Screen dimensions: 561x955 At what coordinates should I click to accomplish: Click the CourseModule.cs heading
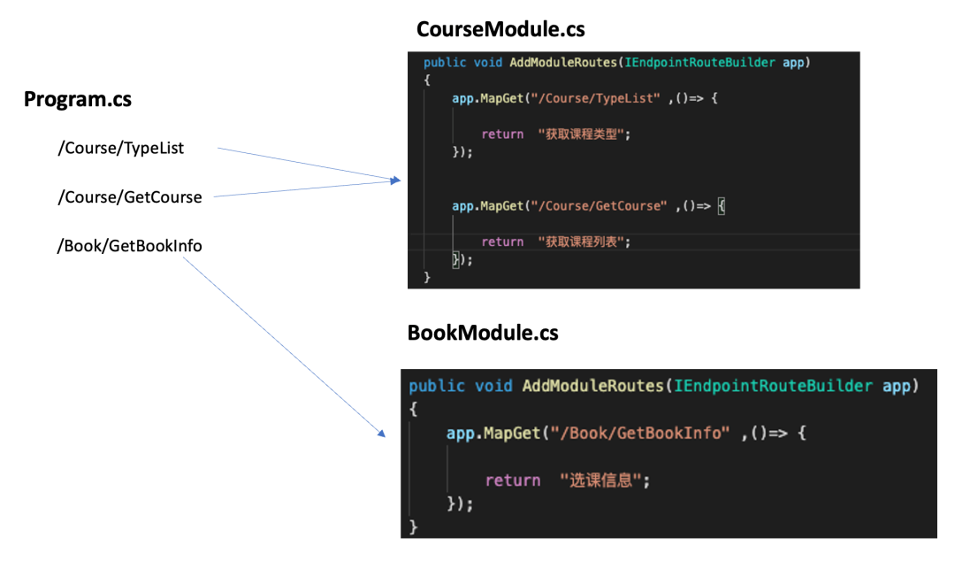pyautogui.click(x=500, y=29)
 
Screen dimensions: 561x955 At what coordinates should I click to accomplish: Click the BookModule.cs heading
pyautogui.click(x=483, y=333)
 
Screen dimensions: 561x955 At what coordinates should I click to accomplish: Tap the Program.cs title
pyautogui.click(x=78, y=99)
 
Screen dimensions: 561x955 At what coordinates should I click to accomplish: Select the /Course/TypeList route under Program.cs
pyautogui.click(x=120, y=148)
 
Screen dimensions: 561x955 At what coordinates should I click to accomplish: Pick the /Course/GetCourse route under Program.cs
pyautogui.click(x=129, y=196)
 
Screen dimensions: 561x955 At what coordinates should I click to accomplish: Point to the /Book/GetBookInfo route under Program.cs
pyautogui.click(x=129, y=245)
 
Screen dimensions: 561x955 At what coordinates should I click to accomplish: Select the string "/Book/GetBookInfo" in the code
pyautogui.click(x=638, y=433)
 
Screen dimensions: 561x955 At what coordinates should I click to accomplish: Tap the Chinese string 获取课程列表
pyautogui.click(x=587, y=242)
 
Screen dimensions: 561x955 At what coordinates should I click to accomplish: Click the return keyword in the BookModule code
pyautogui.click(x=512, y=480)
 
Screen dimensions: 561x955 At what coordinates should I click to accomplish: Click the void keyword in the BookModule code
pyautogui.click(x=493, y=386)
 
